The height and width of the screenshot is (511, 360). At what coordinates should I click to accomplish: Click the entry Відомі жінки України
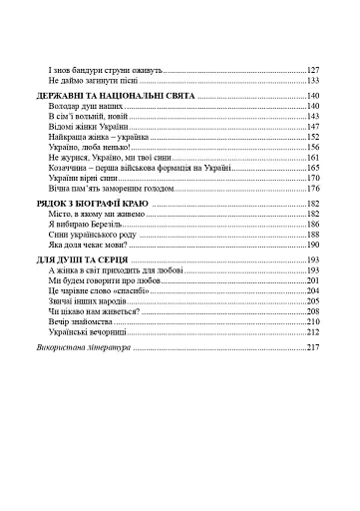[90, 128]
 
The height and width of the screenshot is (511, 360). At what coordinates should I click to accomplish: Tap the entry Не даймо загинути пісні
[96, 82]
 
